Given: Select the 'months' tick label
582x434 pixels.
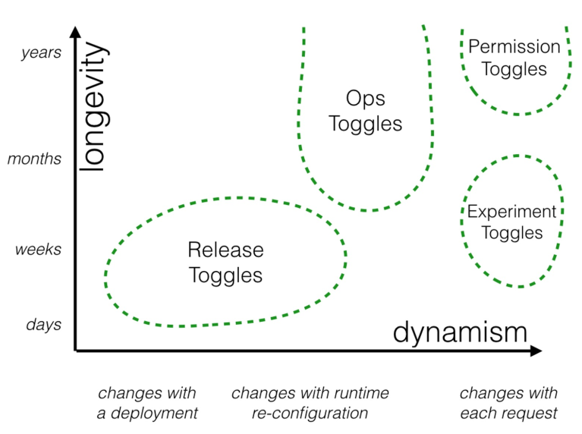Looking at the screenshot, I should tap(34, 159).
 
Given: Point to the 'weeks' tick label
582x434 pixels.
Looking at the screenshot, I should tap(38, 250).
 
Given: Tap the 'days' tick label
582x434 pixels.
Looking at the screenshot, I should tap(43, 325).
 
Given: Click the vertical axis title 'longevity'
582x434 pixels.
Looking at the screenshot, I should tap(93, 107).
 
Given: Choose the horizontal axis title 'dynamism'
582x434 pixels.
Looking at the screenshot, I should tap(460, 332).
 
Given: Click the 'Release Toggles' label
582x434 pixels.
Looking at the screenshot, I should tap(225, 262).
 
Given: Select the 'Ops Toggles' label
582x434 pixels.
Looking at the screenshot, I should tap(366, 111).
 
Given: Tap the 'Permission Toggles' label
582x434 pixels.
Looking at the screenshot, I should tap(514, 58).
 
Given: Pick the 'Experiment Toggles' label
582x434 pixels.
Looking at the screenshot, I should tap(512, 222).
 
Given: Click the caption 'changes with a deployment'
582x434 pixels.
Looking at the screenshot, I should tap(147, 403).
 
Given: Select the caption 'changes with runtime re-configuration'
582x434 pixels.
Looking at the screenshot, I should tap(310, 403).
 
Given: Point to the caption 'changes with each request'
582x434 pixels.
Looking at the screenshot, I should tap(508, 403).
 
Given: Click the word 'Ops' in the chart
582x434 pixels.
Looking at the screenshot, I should tap(366, 99).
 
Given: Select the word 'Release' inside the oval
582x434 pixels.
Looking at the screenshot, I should tap(225, 250).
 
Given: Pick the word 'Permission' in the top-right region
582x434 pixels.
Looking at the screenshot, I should tap(514, 46).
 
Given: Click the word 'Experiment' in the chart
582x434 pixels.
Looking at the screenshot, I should tap(512, 212).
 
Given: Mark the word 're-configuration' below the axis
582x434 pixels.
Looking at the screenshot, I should tap(310, 414).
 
